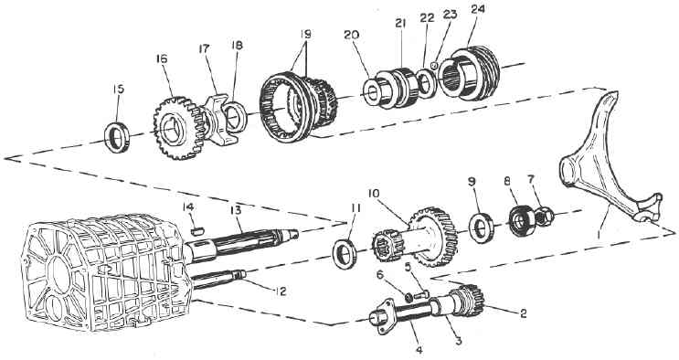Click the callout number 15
point(118,90)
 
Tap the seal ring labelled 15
point(116,137)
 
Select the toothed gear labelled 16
point(178,128)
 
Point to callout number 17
point(204,48)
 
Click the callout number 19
point(306,34)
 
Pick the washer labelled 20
point(372,93)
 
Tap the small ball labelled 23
point(436,66)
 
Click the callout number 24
point(478,10)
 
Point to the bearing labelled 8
point(521,220)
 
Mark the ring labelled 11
point(345,255)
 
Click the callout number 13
point(235,210)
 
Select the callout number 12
point(280,291)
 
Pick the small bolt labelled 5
point(421,295)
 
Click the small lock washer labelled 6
point(408,297)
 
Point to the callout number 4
point(419,349)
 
